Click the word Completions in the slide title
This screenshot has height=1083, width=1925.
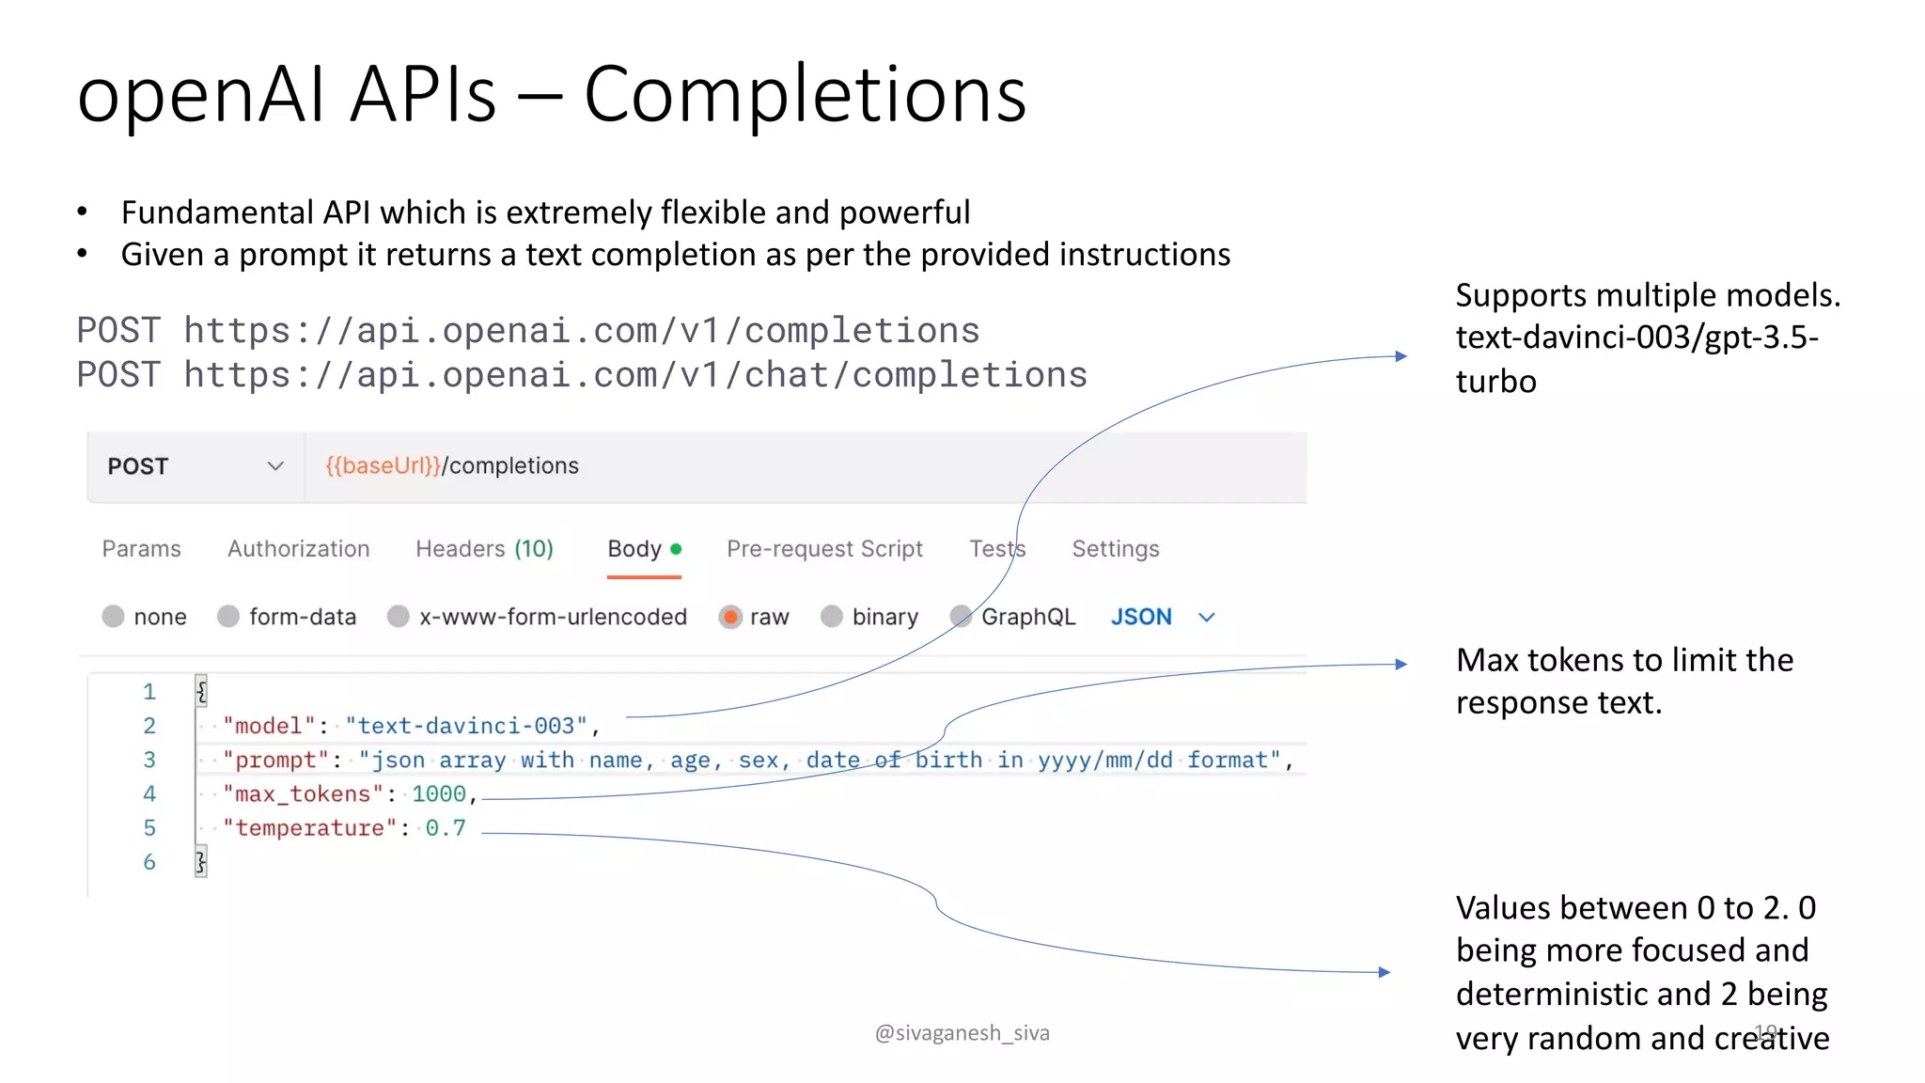click(x=805, y=96)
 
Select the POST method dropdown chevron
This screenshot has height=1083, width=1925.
click(x=275, y=466)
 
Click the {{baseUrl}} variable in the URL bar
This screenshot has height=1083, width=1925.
click(x=383, y=466)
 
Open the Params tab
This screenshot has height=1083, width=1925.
click(x=141, y=549)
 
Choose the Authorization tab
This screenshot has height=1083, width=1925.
click(x=298, y=549)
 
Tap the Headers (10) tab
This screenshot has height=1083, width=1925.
click(x=484, y=549)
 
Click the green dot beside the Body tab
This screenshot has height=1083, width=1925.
click(x=676, y=549)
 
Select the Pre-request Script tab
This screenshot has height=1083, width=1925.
click(x=824, y=549)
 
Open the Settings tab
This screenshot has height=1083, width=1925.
click(x=1115, y=549)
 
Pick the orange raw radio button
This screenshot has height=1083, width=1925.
click(x=730, y=618)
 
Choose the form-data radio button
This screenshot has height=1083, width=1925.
click(x=228, y=617)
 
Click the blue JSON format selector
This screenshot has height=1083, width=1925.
click(x=1141, y=618)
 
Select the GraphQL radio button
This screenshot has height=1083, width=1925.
click(x=961, y=617)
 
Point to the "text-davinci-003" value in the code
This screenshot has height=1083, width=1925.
click(x=466, y=726)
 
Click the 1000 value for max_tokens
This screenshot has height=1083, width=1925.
click(x=438, y=794)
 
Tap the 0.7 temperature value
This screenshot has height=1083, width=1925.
click(x=446, y=828)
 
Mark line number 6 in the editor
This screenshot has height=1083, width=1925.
click(x=149, y=862)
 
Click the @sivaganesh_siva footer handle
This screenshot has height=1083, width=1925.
click(x=962, y=1033)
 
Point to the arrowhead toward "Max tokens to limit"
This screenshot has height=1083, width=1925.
click(x=1401, y=664)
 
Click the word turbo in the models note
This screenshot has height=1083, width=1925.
click(x=1495, y=382)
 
